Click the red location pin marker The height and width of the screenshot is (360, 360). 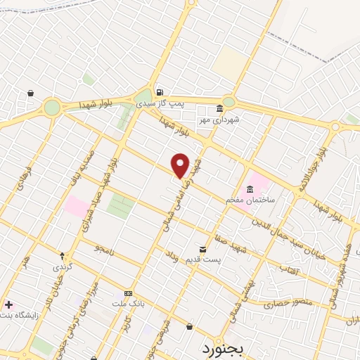point(180,164)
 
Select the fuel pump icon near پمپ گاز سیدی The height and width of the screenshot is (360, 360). point(160,92)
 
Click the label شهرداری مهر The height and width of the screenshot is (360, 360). point(219,120)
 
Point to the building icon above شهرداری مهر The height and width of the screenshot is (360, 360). point(219,109)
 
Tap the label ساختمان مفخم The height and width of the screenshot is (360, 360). point(250,200)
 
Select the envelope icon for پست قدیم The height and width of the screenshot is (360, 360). point(202,250)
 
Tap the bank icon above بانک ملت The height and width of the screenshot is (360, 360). point(128,292)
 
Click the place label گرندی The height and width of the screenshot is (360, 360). point(62,268)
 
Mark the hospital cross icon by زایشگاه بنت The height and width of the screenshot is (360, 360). point(8,304)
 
